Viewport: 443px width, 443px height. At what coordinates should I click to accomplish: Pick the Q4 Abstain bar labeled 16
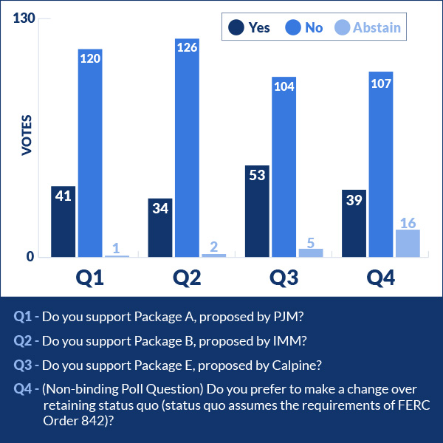(408, 244)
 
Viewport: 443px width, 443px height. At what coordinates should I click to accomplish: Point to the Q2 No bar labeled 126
(187, 148)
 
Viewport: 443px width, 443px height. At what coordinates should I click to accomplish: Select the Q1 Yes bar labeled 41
(63, 221)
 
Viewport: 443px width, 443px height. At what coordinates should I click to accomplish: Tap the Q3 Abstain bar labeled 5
(311, 253)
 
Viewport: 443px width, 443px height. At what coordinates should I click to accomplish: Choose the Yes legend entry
(250, 27)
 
